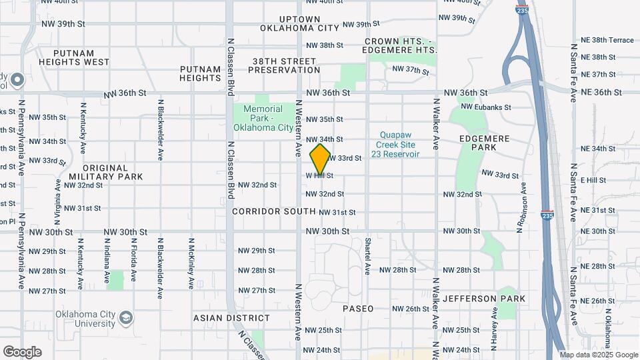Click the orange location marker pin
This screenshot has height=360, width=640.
pyautogui.click(x=320, y=159)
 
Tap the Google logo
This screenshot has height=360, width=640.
pyautogui.click(x=22, y=351)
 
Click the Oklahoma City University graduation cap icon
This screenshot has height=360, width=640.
pyautogui.click(x=125, y=319)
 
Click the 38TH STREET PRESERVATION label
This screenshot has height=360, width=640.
pyautogui.click(x=286, y=65)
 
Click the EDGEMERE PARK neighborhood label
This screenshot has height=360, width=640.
pyautogui.click(x=484, y=143)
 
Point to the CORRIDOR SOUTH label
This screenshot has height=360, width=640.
pyautogui.click(x=274, y=211)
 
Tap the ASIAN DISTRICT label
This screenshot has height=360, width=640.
pyautogui.click(x=231, y=318)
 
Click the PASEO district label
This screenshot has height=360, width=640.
pyautogui.click(x=358, y=309)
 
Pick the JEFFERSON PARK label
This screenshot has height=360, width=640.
pyautogui.click(x=484, y=298)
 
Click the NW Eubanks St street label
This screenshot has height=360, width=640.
pyautogui.click(x=485, y=107)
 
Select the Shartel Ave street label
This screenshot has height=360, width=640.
pyautogui.click(x=367, y=257)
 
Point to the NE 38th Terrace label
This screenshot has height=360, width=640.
pyautogui.click(x=607, y=40)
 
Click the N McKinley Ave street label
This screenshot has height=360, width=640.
pyautogui.click(x=191, y=263)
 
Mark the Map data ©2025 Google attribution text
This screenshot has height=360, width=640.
pyautogui.click(x=598, y=355)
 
